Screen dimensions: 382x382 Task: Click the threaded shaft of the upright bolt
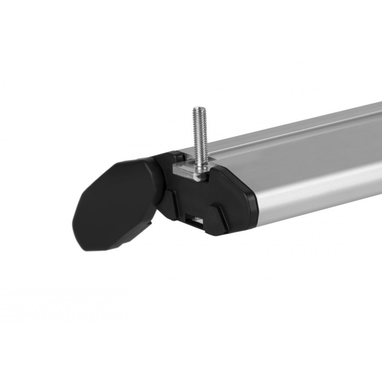coord(200,134)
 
